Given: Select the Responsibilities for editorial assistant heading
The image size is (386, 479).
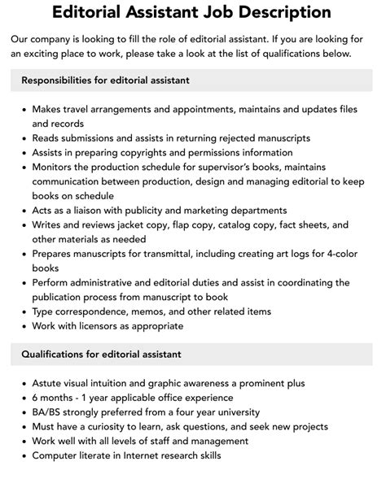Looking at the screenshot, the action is coord(105,80).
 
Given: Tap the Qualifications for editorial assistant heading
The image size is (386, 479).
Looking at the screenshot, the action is coord(101,354).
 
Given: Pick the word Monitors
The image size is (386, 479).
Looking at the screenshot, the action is coord(56,167).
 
